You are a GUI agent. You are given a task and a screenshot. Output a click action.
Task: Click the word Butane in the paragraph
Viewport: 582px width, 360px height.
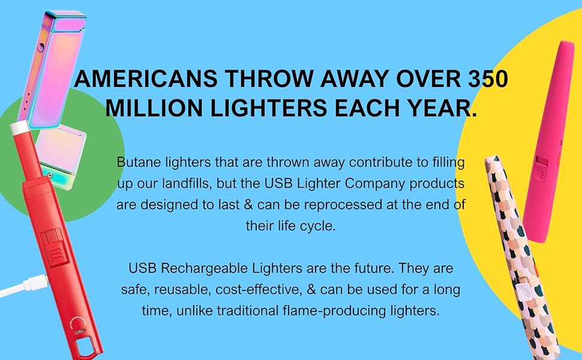tap(136, 163)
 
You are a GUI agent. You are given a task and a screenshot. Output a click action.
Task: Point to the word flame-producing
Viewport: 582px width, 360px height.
tap(347, 311)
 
